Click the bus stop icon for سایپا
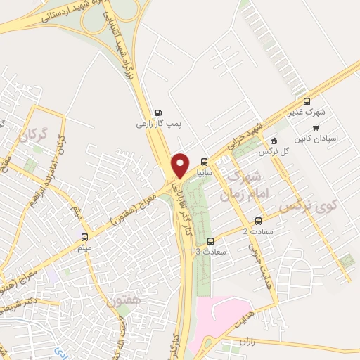pyautogui.click(x=205, y=161)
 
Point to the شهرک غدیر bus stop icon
pyautogui.click(x=306, y=101)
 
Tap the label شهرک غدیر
pyautogui.click(x=307, y=112)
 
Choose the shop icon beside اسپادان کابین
pyautogui.click(x=316, y=127)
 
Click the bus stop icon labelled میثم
pyautogui.click(x=85, y=238)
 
